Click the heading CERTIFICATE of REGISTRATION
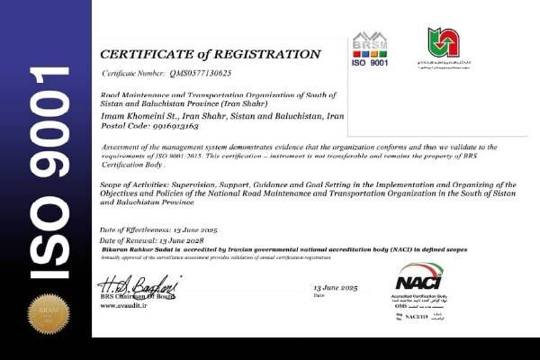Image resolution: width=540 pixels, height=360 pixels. [210, 54]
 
